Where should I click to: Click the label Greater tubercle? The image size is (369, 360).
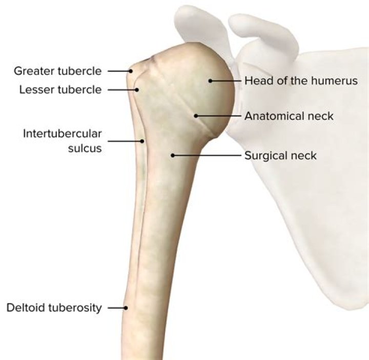coord(57,71)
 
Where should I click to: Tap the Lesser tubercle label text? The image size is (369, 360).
coord(60,90)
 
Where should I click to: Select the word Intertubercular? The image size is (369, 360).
coord(63,134)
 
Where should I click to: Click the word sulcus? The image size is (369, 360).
coord(85,148)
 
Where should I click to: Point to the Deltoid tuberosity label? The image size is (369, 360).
coord(54,308)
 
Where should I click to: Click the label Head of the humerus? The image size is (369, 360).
coord(301,81)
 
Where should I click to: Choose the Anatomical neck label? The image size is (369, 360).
coord(289,116)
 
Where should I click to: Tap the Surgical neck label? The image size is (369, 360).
coord(280,155)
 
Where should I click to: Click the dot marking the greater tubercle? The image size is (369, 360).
coord(131,71)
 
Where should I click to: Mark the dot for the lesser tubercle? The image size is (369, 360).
coord(137,90)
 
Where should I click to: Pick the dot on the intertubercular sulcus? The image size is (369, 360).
coord(142,141)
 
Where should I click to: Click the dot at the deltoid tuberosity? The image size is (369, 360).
coord(126,308)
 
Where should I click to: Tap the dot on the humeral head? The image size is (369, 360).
coord(211,81)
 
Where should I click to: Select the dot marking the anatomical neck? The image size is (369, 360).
coord(196,116)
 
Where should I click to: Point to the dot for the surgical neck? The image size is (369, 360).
coord(173,155)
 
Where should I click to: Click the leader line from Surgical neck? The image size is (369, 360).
coord(207,155)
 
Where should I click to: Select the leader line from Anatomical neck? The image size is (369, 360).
coord(219,116)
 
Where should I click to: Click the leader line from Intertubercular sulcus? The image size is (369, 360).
coord(125,141)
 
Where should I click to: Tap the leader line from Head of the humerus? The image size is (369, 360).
coord(226,81)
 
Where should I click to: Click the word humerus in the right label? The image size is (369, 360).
coord(334,81)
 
